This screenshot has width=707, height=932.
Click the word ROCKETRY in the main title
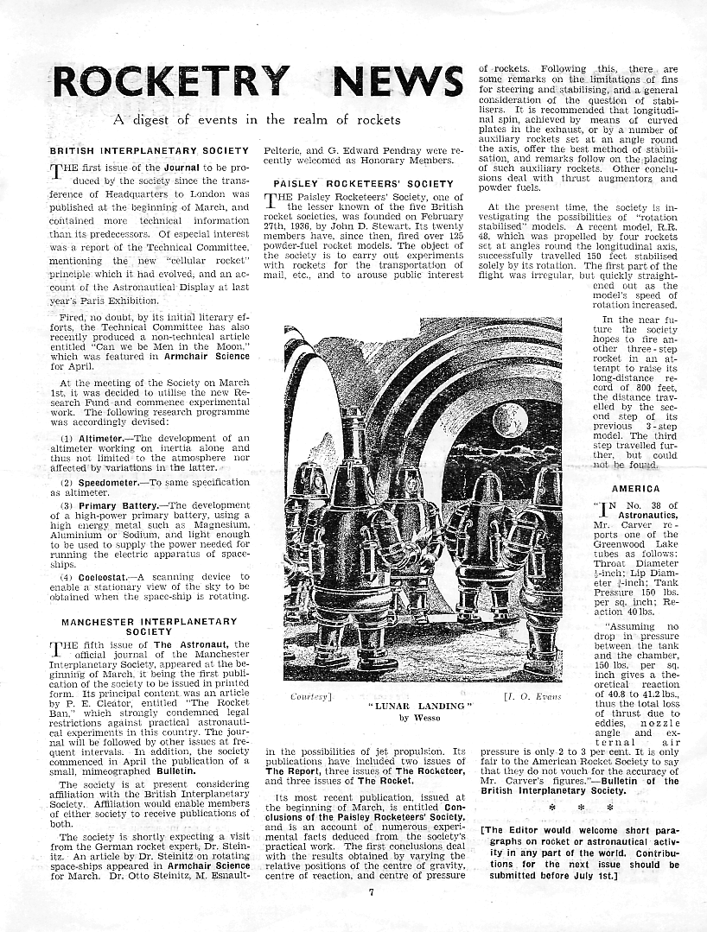pos(170,82)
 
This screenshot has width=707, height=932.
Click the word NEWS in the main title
pos(398,82)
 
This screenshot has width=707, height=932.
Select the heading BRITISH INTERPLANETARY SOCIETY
pos(149,151)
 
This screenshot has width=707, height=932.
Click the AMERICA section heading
pos(635,489)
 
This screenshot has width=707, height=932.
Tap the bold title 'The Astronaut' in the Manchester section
pos(184,644)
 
